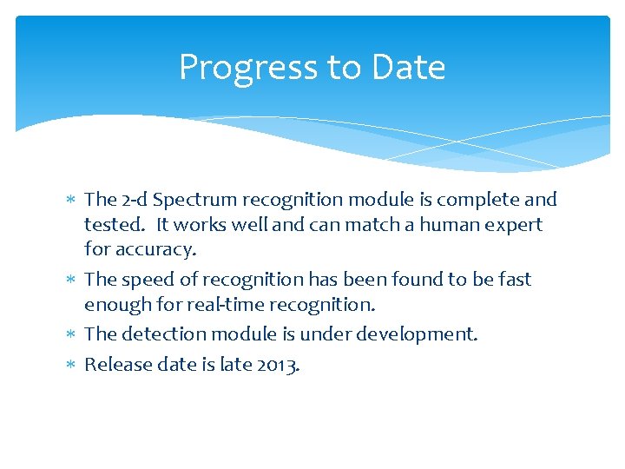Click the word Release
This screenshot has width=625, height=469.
pyautogui.click(x=115, y=364)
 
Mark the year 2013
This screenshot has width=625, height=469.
pyautogui.click(x=277, y=364)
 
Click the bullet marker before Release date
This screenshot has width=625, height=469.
pyautogui.click(x=71, y=365)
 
